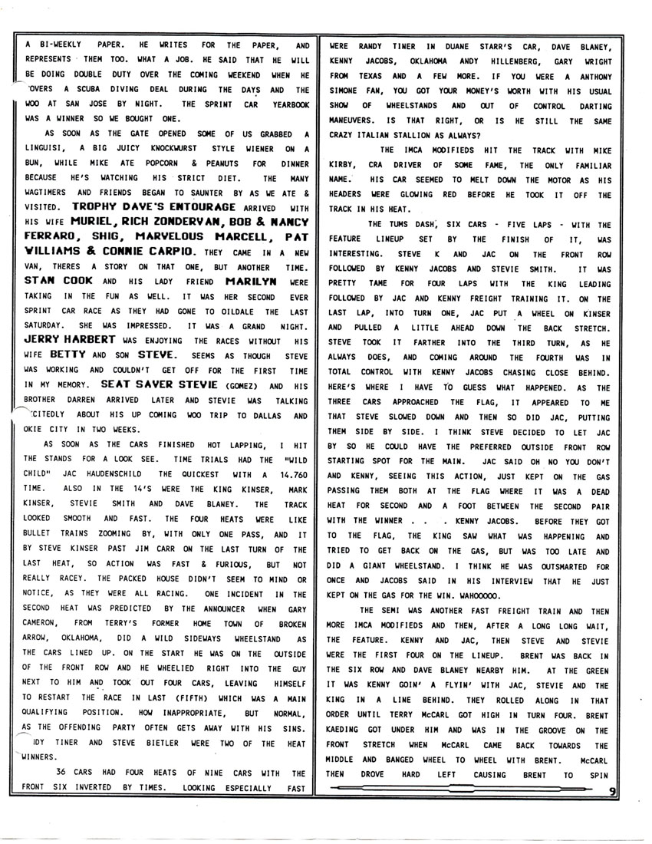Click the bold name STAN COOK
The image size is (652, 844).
[51, 280]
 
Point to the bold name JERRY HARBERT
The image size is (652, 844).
[63, 338]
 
